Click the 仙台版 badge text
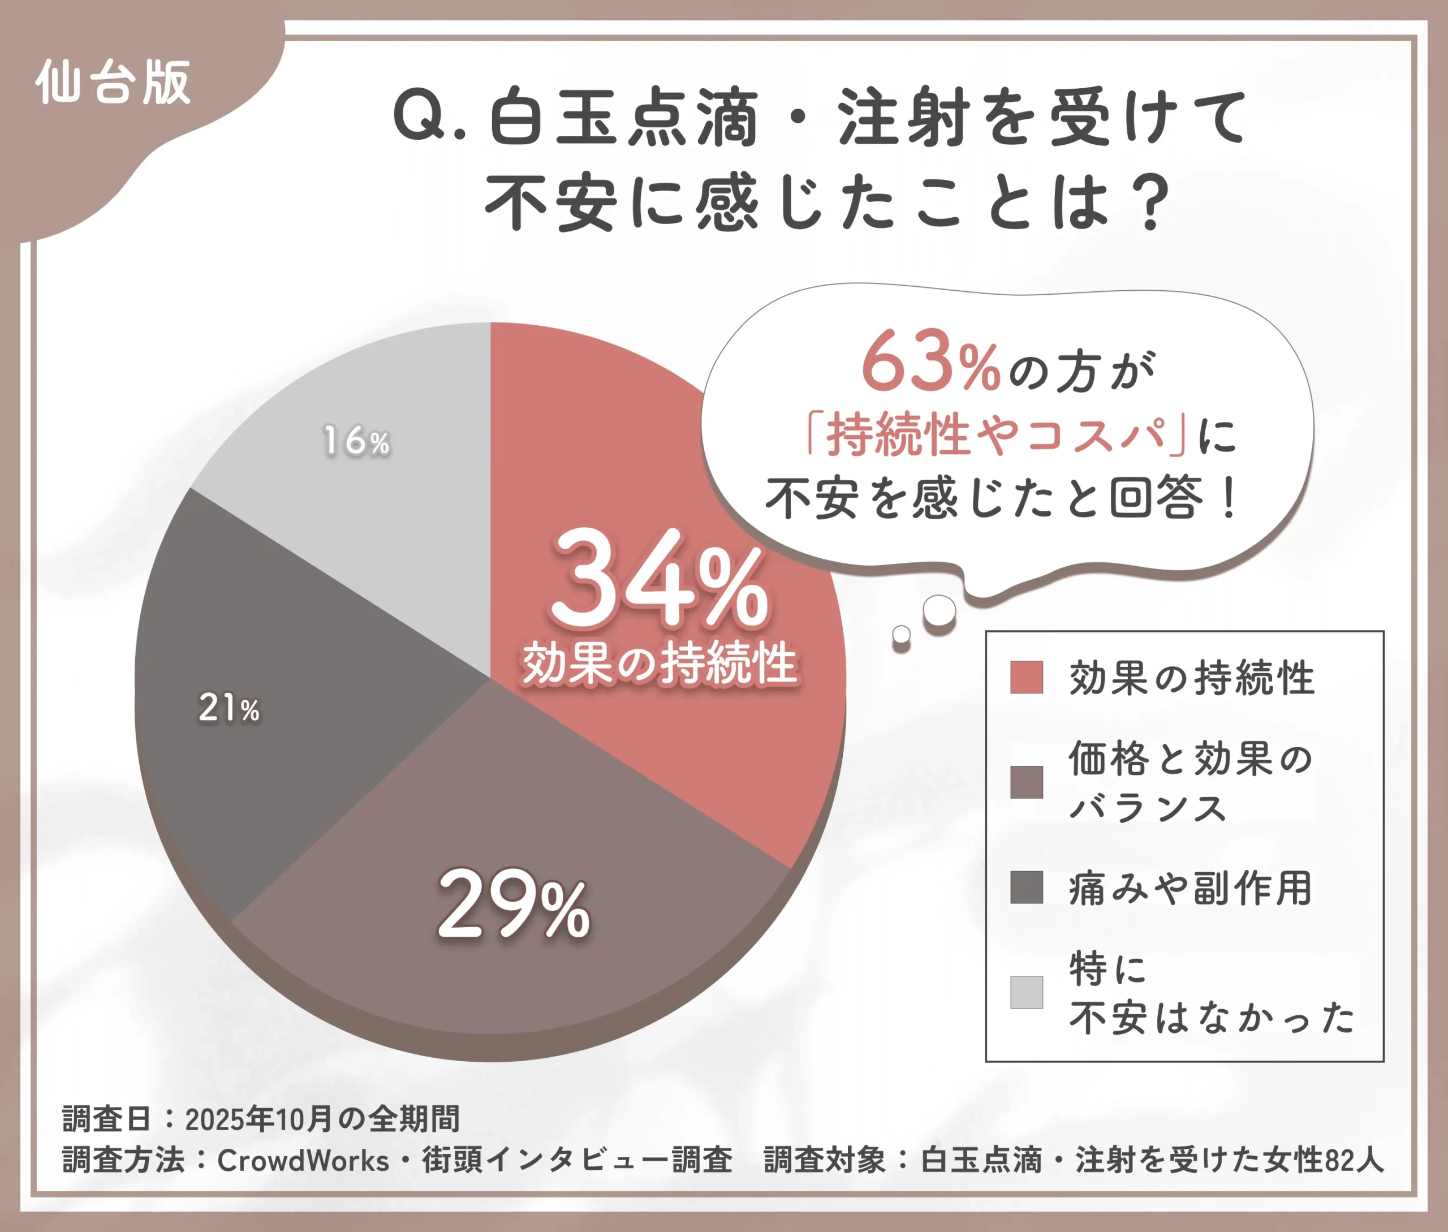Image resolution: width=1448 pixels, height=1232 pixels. click(x=113, y=83)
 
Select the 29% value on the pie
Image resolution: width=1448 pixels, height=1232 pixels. click(x=514, y=904)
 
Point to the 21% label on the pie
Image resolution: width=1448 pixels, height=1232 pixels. click(x=229, y=708)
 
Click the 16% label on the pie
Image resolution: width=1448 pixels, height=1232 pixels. click(x=356, y=441)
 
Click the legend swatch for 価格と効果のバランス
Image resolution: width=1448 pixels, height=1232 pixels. click(x=1026, y=782)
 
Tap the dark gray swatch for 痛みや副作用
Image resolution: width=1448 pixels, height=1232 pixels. click(x=1026, y=887)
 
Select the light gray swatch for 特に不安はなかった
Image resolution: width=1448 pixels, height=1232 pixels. click(x=1026, y=992)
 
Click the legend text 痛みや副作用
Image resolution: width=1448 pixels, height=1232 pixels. click(x=1190, y=889)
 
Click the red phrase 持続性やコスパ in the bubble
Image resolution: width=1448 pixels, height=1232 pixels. click(x=995, y=435)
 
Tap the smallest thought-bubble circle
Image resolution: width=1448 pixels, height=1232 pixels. click(x=902, y=634)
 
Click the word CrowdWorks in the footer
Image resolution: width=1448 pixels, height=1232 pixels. click(x=303, y=1161)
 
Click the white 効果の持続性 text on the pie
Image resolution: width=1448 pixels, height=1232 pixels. click(x=660, y=663)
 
